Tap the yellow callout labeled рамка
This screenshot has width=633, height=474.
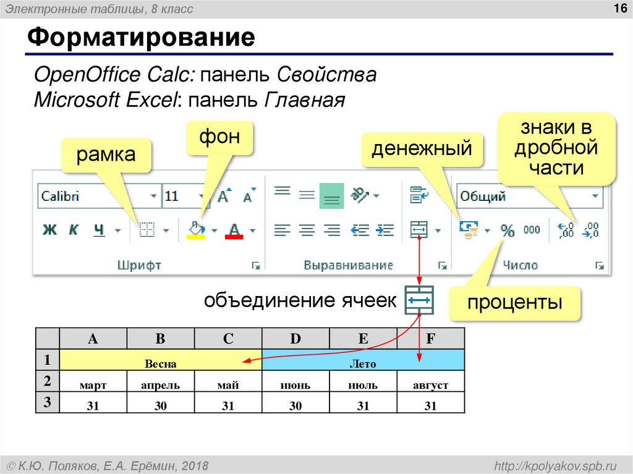point(106,154)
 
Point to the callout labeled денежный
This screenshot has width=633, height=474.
point(422,149)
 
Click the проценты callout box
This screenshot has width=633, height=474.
point(514,303)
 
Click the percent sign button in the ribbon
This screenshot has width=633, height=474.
point(508,231)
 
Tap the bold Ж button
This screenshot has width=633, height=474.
point(49,231)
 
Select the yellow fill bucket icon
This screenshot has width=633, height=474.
point(195,230)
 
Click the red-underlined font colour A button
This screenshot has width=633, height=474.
point(234,231)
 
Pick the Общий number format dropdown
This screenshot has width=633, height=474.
point(529,197)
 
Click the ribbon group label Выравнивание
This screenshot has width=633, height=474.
point(348,265)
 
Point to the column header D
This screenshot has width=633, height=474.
point(295,339)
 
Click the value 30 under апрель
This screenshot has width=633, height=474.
point(160,405)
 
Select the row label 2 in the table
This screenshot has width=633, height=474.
point(47,379)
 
